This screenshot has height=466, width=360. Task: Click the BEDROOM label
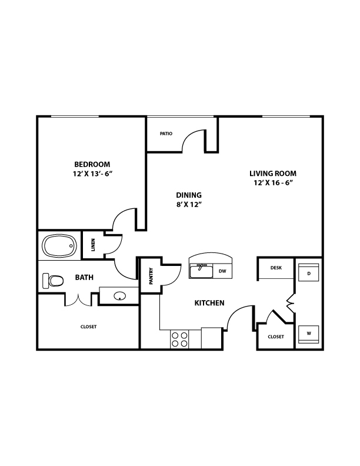[x=92, y=164]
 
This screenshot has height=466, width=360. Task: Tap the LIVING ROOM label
[x=273, y=174]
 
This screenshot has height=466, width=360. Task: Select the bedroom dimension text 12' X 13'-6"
[x=92, y=174]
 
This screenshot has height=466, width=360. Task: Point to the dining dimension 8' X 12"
[x=189, y=205]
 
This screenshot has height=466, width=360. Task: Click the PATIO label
[x=166, y=134]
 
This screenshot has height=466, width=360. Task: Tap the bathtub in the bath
[x=59, y=246]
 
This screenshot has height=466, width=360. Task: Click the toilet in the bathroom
[x=53, y=281]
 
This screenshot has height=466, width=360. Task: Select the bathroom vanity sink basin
[x=119, y=296]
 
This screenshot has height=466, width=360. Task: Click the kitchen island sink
[x=201, y=271]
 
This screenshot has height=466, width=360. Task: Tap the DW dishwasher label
[x=222, y=271]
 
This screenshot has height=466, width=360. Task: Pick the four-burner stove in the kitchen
[x=179, y=339]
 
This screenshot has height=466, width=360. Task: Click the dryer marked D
[x=309, y=272]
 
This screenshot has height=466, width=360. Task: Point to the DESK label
[x=276, y=268]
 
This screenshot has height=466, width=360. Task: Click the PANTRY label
[x=151, y=276]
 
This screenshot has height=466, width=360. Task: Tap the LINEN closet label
[x=93, y=245]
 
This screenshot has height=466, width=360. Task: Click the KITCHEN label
[x=209, y=303]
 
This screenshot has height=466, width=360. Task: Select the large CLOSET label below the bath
[x=88, y=327]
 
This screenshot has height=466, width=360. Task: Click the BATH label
[x=84, y=277]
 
